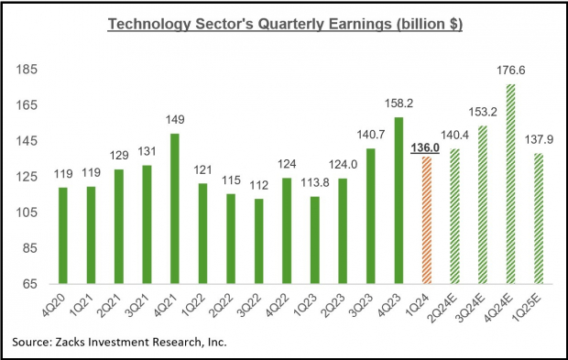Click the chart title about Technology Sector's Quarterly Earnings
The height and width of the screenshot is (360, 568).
point(283,23)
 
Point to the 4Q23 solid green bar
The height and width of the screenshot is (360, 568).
point(397,200)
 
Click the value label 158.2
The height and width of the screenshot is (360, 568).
point(398,104)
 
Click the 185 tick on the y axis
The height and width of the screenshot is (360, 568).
point(30,71)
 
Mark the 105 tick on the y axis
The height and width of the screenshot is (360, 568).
point(30,213)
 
